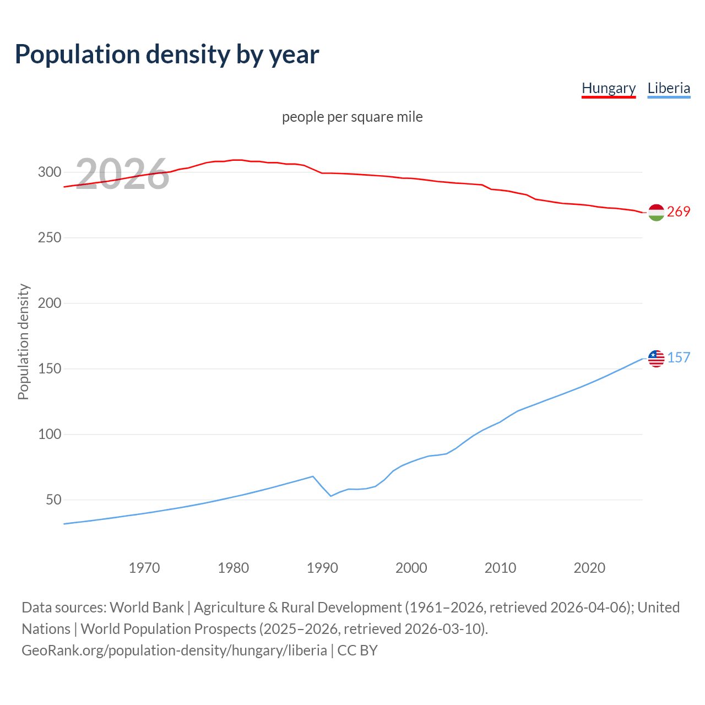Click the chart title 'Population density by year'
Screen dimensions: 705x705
pyautogui.click(x=167, y=55)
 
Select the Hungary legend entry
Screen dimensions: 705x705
pyautogui.click(x=609, y=88)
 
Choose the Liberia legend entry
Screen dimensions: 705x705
pyautogui.click(x=669, y=88)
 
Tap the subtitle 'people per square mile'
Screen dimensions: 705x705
pyautogui.click(x=352, y=117)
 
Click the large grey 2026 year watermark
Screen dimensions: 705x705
pyautogui.click(x=122, y=174)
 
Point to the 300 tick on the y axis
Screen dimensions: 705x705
pyautogui.click(x=50, y=172)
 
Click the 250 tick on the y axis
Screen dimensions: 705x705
pyautogui.click(x=50, y=238)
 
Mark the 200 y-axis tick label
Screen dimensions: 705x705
pyautogui.click(x=50, y=303)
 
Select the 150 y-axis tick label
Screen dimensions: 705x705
pyautogui.click(x=50, y=369)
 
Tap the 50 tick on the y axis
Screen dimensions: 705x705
pyautogui.click(x=53, y=500)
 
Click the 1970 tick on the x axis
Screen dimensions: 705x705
pyautogui.click(x=144, y=568)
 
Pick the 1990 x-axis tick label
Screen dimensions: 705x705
pyautogui.click(x=322, y=568)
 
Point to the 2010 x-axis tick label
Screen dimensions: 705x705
pyautogui.click(x=500, y=568)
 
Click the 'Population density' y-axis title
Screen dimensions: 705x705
pyautogui.click(x=23, y=341)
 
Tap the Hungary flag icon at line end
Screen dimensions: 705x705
pyautogui.click(x=656, y=213)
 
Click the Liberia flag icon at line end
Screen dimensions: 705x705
pyautogui.click(x=656, y=359)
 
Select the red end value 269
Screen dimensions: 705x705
pyautogui.click(x=679, y=212)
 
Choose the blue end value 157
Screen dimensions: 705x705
pyautogui.click(x=679, y=358)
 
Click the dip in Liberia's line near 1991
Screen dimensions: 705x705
pyautogui.click(x=331, y=496)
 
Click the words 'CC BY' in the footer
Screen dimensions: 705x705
pyautogui.click(x=357, y=650)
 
